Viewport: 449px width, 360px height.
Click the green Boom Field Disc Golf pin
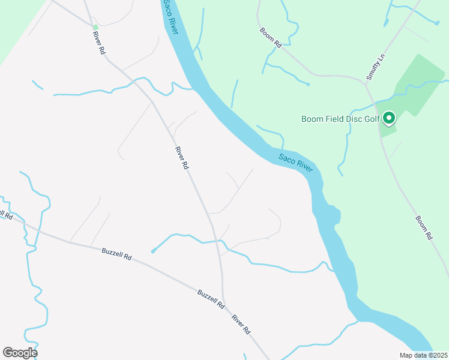point(388,118)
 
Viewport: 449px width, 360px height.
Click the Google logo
point(20,352)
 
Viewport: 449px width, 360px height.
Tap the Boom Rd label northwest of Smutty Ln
point(271,37)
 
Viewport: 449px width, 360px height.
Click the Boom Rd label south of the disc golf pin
point(424,228)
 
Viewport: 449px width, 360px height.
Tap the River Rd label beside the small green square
point(99,44)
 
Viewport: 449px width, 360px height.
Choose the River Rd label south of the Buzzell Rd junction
point(241,325)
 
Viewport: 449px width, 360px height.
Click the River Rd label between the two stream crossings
point(182,158)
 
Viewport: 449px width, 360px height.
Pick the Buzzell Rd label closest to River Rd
point(211,298)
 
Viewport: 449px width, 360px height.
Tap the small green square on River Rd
point(95,27)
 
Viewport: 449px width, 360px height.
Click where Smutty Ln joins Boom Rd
point(365,84)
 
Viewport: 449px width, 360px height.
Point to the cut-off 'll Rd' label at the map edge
point(6,215)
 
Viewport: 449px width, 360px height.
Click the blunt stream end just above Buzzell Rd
point(153,251)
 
